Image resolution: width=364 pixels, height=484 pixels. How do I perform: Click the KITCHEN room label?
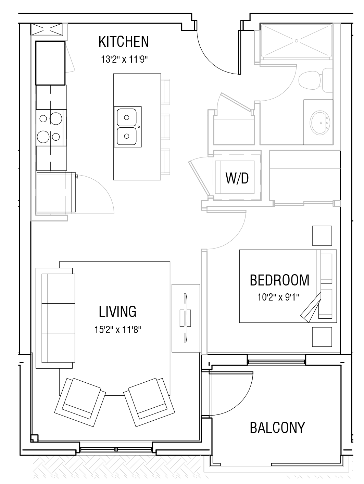pyautogui.click(x=124, y=42)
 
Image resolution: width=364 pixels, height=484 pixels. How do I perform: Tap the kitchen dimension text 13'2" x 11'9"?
pyautogui.click(x=124, y=60)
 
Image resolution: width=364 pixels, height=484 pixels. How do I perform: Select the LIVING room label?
pyautogui.click(x=117, y=311)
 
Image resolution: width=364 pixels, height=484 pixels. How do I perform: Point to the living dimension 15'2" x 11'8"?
pyautogui.click(x=117, y=330)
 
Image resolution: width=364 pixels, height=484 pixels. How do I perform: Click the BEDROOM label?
pyautogui.click(x=279, y=280)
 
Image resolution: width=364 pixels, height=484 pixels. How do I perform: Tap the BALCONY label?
pyautogui.click(x=277, y=428)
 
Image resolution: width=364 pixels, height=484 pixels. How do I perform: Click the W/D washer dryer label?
pyautogui.click(x=237, y=178)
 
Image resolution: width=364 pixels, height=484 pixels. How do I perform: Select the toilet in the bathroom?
pyautogui.click(x=315, y=80)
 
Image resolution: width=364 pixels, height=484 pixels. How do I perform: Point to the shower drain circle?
pyautogui.click(x=297, y=41)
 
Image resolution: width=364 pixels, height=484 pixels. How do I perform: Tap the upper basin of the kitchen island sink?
pyautogui.click(x=127, y=117)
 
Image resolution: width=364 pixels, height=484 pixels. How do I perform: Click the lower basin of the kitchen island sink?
pyautogui.click(x=127, y=136)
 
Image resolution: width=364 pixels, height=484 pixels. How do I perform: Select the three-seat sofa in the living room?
pyautogui.click(x=58, y=318)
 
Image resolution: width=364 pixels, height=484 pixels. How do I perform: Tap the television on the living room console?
pyautogui.click(x=185, y=318)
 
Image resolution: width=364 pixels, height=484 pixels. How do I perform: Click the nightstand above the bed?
pyautogui.click(x=322, y=235)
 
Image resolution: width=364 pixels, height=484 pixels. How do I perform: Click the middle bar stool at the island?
pyautogui.click(x=165, y=127)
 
